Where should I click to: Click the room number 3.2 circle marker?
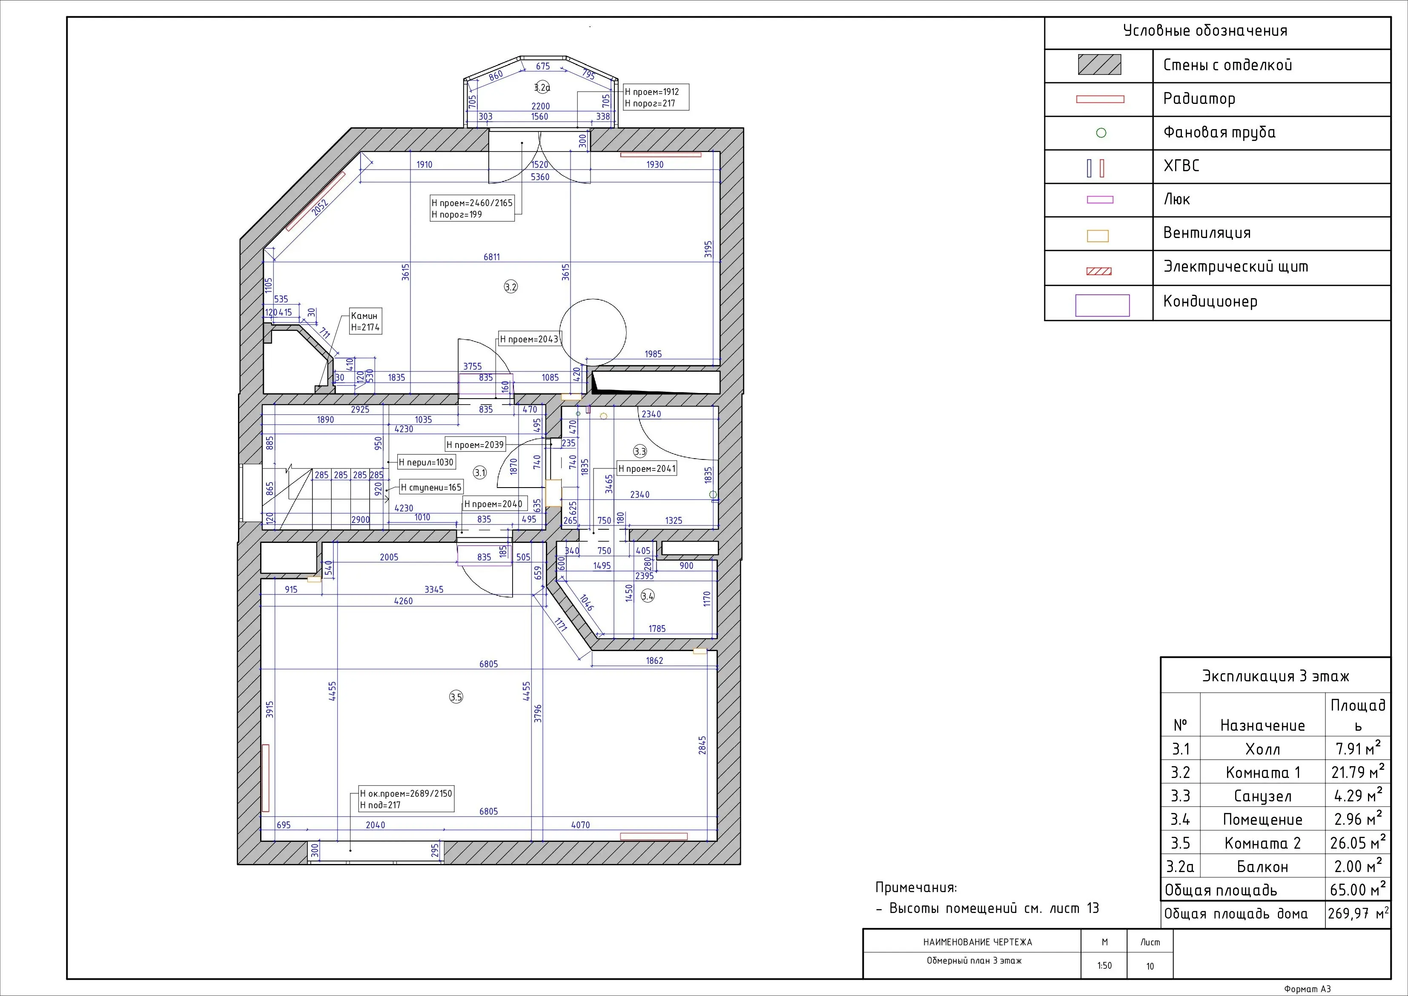(511, 287)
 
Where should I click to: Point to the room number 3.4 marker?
(648, 596)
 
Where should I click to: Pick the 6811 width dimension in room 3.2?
(492, 257)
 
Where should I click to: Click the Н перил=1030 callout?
(426, 462)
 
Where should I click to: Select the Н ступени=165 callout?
(431, 488)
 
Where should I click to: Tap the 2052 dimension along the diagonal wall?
(320, 207)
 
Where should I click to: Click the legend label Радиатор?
(1199, 99)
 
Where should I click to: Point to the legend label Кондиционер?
(1210, 301)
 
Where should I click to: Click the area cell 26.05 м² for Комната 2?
(1357, 843)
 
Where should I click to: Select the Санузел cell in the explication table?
(1263, 796)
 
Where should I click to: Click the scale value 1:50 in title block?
(1104, 965)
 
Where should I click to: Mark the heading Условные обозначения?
(1205, 31)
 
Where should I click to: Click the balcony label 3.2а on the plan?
(542, 87)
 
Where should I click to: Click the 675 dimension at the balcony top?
(543, 66)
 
